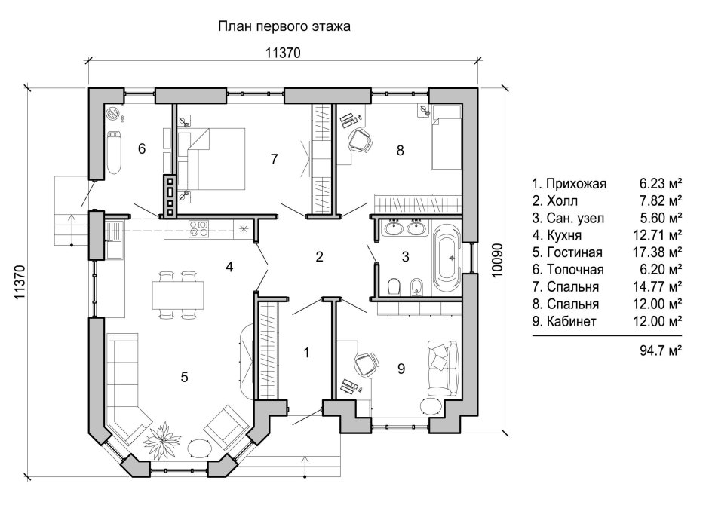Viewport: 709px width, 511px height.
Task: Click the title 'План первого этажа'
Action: point(284,27)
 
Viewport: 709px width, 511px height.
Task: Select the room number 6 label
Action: point(141,148)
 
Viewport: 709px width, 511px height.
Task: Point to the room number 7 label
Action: point(275,158)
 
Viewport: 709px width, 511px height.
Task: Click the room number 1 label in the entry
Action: point(306,352)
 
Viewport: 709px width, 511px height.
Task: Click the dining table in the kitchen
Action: point(178,294)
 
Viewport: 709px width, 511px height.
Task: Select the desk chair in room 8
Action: point(361,141)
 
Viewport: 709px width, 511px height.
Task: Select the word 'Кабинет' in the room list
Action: point(572,322)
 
